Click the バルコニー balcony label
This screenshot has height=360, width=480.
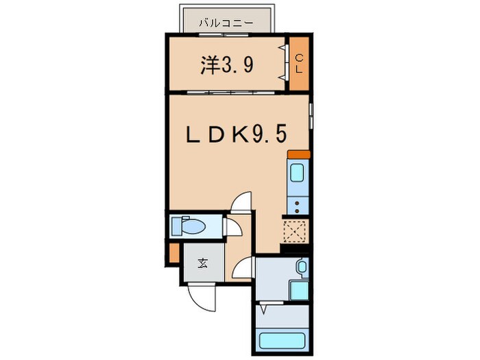tap(226, 23)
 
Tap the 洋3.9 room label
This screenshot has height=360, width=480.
tap(228, 65)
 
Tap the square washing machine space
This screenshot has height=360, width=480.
tap(298, 289)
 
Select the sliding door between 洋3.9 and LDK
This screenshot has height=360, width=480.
tap(226, 92)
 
